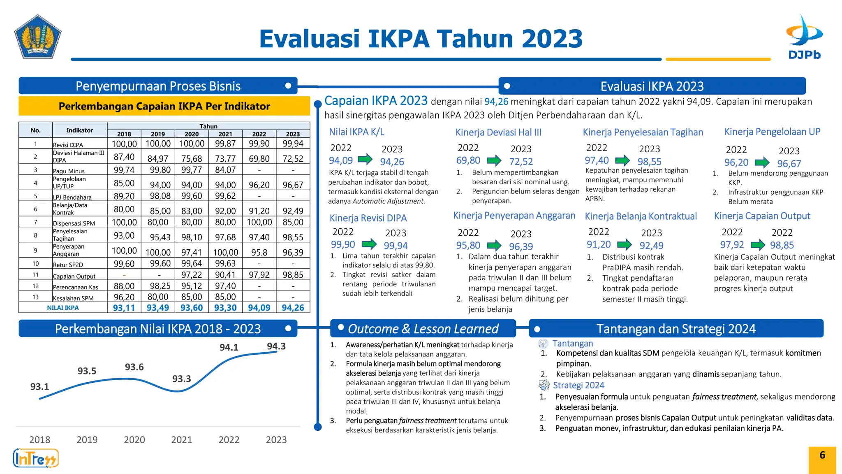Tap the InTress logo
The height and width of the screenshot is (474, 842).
coord(36,458)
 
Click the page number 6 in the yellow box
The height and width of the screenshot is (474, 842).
coord(822,455)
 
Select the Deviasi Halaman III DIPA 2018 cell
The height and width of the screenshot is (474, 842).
coord(124,157)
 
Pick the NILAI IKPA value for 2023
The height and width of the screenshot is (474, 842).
coord(293,307)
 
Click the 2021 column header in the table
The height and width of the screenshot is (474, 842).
coord(225,134)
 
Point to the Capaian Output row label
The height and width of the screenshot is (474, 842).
coord(74,276)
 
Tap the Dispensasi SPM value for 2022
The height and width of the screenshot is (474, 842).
coord(259,222)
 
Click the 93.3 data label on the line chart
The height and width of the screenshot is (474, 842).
coord(181,379)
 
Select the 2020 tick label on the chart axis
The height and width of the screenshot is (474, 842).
coord(134,439)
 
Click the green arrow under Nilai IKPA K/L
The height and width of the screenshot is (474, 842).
coord(365,159)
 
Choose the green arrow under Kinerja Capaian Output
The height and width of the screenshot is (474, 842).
coord(758,245)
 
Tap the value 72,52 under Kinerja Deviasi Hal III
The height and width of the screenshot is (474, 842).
coord(521,162)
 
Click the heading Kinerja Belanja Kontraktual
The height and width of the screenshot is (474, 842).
coord(641,216)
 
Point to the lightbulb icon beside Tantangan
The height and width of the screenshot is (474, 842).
coord(543,344)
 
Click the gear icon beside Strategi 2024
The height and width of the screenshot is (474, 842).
coord(544,385)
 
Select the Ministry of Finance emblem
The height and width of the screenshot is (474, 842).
coord(38,37)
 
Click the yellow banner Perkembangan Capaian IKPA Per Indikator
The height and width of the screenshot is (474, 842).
coord(164,106)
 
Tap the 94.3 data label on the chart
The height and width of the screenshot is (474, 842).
coord(276,346)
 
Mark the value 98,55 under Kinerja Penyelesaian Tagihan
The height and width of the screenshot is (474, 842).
coord(649,162)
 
